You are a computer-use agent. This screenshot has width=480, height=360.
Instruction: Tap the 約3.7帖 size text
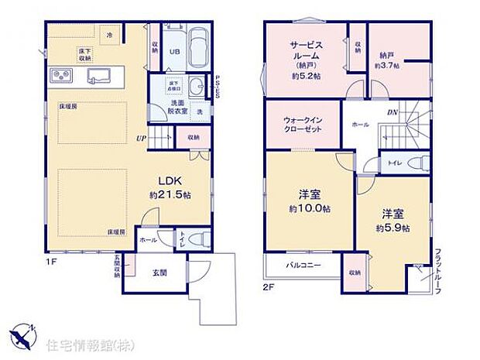[387, 67]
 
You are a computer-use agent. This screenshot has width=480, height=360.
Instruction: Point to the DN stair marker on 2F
[393, 111]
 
